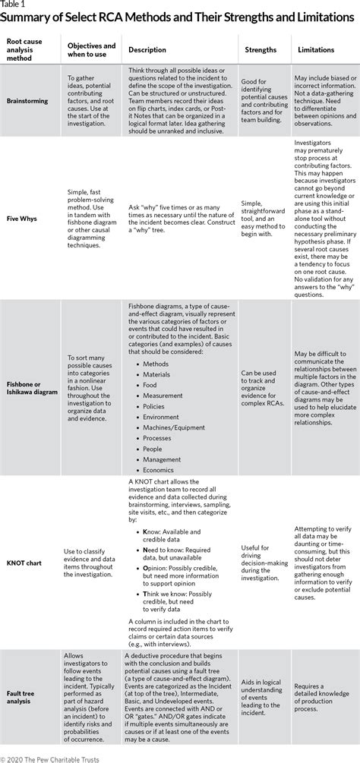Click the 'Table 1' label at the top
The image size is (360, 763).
[13, 5]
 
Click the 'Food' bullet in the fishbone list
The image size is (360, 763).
[150, 384]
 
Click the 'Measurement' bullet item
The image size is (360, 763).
[164, 395]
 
